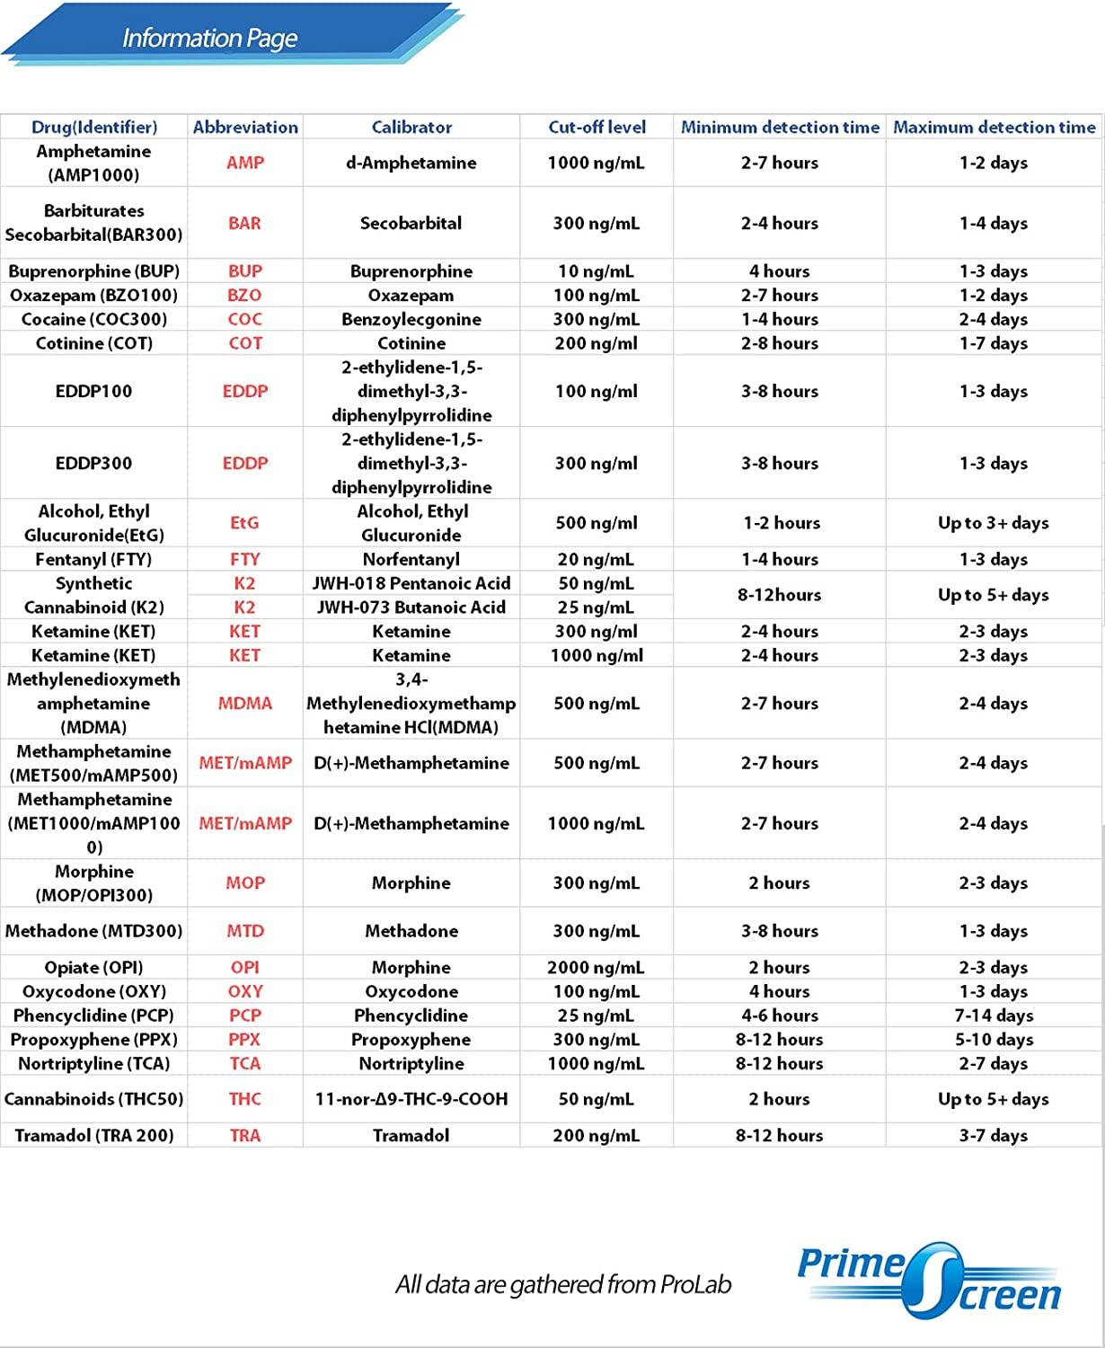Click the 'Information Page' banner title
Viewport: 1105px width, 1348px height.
coord(209,39)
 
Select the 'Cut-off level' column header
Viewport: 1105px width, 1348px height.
coord(597,127)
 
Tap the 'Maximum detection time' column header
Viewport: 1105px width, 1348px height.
coord(994,127)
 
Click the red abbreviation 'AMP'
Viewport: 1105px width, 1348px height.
coord(245,163)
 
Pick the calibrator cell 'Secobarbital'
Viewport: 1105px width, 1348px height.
coord(411,223)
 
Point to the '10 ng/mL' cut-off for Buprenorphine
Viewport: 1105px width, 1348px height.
coord(596,271)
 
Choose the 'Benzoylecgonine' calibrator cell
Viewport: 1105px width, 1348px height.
coord(411,319)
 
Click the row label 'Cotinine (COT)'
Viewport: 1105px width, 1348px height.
coord(94,343)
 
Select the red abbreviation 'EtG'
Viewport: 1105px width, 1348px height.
coord(244,523)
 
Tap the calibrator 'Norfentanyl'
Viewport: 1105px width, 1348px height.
coord(411,559)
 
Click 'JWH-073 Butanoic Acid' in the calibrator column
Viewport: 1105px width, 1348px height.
coord(411,607)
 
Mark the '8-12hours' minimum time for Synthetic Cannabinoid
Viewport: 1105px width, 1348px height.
coord(779,595)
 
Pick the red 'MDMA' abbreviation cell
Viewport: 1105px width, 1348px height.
coord(244,704)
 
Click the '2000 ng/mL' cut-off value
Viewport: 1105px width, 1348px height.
coord(596,968)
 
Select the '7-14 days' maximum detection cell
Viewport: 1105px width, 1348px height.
coord(994,1015)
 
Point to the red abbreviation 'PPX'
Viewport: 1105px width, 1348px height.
coord(244,1040)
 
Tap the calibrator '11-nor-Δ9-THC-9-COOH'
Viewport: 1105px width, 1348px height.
coord(411,1099)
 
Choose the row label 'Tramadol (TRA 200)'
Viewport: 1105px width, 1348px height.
coord(94,1136)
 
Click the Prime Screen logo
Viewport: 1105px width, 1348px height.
coord(930,1280)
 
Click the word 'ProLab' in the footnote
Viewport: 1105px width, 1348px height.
coord(695,1285)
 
